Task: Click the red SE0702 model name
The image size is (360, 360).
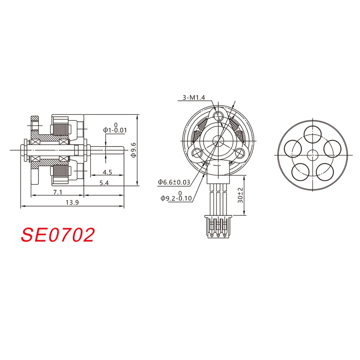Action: (58, 235)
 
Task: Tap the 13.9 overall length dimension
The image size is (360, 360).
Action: (70, 203)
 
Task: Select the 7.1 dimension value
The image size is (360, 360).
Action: (58, 192)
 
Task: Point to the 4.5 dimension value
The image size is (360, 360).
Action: (107, 172)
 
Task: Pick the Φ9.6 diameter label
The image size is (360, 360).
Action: (133, 150)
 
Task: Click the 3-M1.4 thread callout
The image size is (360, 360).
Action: (194, 98)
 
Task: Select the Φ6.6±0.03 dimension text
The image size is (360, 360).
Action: (174, 182)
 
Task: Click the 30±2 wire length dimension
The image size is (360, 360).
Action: (240, 195)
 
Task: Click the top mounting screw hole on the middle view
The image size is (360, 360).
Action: (218, 116)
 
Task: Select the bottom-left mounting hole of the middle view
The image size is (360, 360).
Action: (197, 153)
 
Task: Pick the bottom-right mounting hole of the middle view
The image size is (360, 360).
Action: (239, 154)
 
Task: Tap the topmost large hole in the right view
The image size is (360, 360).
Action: (312, 134)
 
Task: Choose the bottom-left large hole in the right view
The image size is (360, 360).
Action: (300, 172)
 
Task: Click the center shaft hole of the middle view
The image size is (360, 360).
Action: (218, 140)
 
